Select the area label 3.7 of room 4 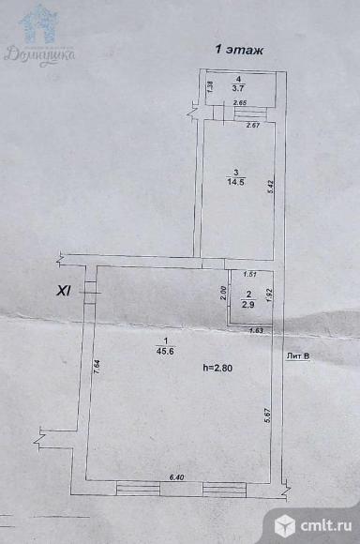pyautogui.click(x=239, y=91)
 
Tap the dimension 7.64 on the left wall pyautogui.click(x=97, y=367)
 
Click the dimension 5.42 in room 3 pyautogui.click(x=270, y=185)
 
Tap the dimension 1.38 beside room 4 pyautogui.click(x=210, y=87)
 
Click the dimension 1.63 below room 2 pyautogui.click(x=255, y=330)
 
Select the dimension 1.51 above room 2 pyautogui.click(x=249, y=274)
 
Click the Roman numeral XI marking pyautogui.click(x=65, y=292)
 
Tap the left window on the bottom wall pyautogui.click(x=137, y=487)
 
